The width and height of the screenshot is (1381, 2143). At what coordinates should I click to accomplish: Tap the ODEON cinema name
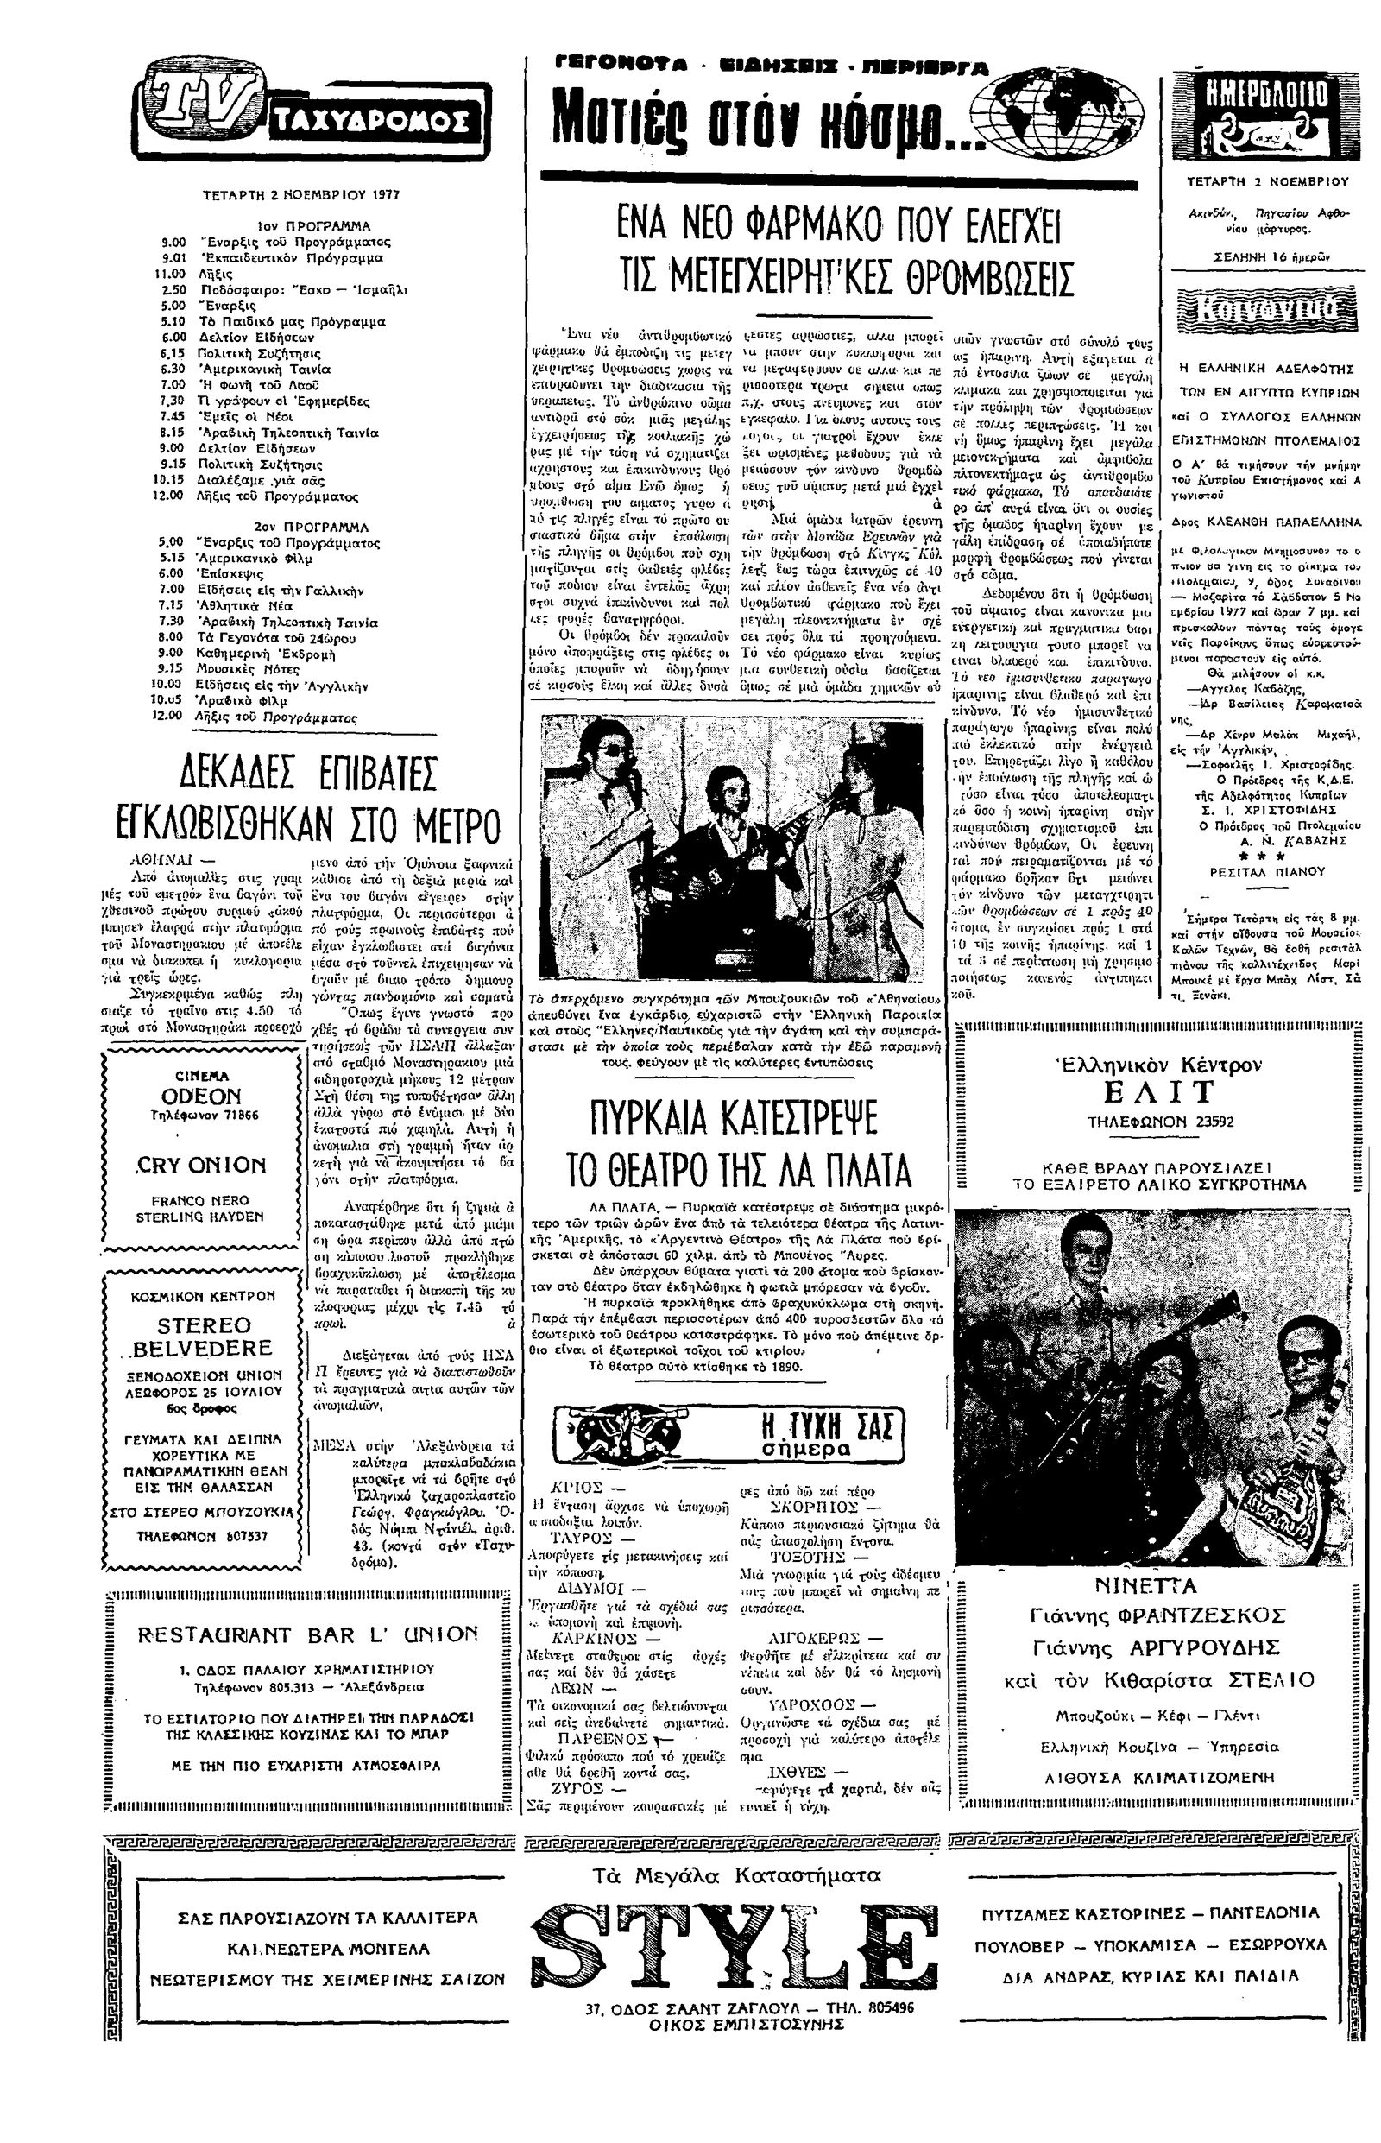[x=202, y=1097]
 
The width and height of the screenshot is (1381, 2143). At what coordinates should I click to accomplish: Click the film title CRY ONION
[x=202, y=1166]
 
